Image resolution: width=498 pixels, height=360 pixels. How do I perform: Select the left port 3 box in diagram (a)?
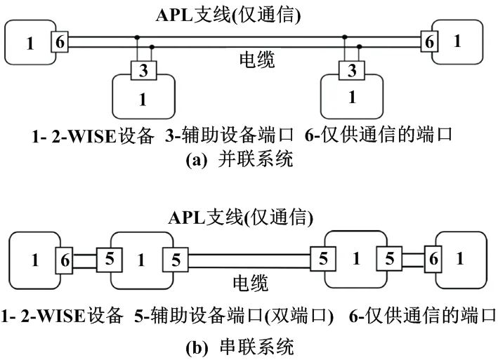click(143, 70)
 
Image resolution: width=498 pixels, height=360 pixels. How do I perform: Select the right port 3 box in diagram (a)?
click(352, 70)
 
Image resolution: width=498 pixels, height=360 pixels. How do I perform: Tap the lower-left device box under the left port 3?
click(143, 98)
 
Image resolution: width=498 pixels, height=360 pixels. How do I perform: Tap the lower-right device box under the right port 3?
click(352, 98)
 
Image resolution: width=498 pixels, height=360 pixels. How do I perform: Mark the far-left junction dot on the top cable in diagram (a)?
click(137, 38)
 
